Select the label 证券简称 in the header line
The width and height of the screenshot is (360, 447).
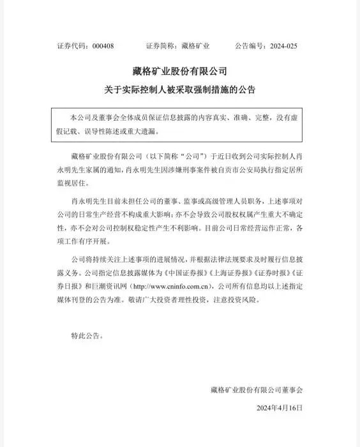pyautogui.click(x=160, y=46)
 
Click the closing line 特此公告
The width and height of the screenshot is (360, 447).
pyautogui.click(x=84, y=334)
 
